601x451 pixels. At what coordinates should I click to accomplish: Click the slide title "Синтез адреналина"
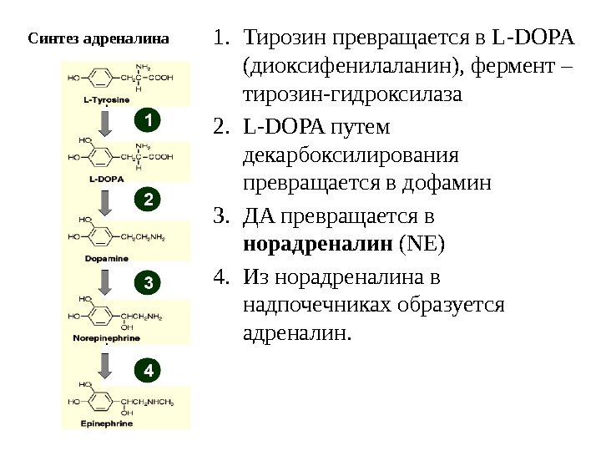pos(98,38)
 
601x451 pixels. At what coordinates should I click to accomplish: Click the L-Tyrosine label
pos(106,100)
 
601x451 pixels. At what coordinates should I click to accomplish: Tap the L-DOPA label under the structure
pos(106,178)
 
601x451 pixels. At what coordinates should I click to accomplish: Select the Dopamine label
pos(106,259)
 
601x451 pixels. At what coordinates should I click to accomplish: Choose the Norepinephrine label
pos(106,339)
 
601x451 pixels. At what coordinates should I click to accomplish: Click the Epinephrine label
pos(106,423)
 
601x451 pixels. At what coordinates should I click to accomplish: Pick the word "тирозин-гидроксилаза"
pos(351,95)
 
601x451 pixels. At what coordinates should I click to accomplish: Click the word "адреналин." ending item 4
pos(296,333)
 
